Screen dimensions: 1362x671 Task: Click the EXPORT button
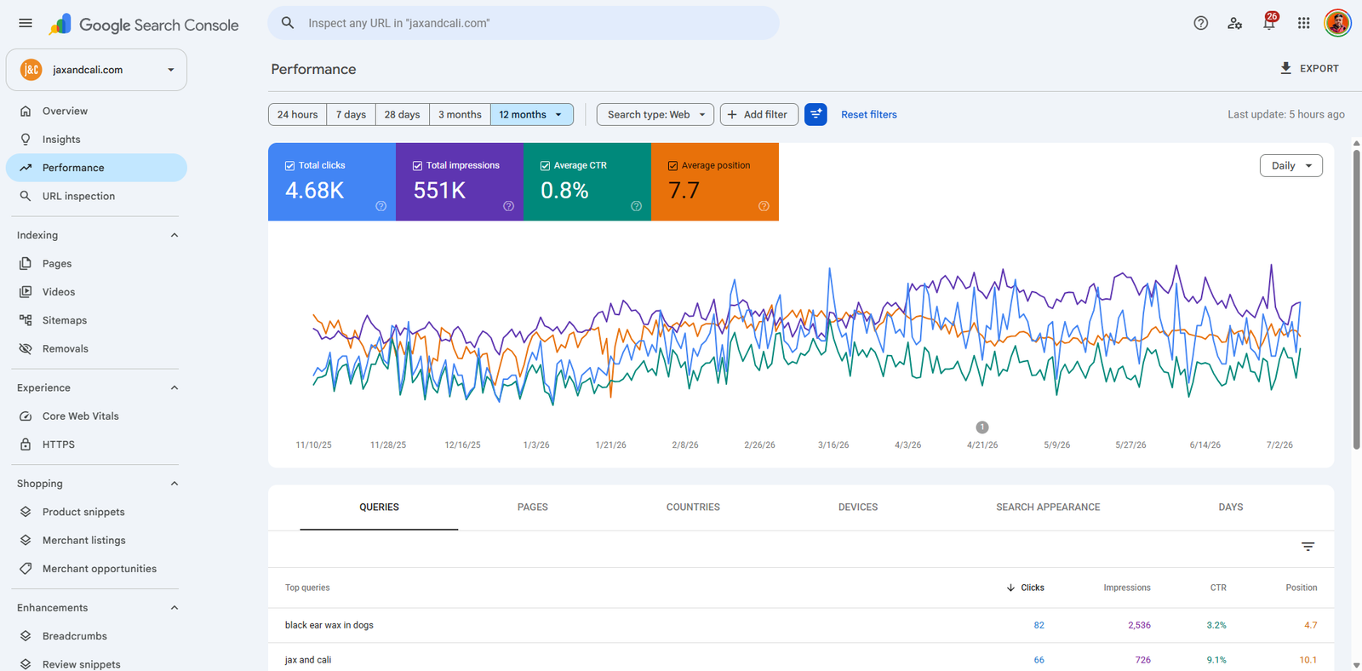tap(1309, 68)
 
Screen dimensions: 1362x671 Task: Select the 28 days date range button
tap(402, 114)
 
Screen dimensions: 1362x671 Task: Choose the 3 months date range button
tap(460, 114)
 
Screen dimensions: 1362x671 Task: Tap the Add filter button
tap(758, 114)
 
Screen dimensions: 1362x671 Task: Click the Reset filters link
tap(868, 114)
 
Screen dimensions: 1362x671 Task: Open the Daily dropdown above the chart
tap(1290, 165)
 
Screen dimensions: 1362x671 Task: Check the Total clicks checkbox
tap(290, 165)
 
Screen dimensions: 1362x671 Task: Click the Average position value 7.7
tap(684, 191)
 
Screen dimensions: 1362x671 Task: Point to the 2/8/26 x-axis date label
tap(684, 444)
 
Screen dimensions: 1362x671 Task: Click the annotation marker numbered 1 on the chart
tap(982, 427)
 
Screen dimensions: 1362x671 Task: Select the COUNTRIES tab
tap(693, 507)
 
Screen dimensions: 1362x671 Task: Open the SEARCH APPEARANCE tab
tap(1048, 507)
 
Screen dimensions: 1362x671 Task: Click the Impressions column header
tap(1127, 588)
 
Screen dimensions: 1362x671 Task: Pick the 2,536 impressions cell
tap(1139, 625)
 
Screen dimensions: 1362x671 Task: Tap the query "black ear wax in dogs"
tap(329, 625)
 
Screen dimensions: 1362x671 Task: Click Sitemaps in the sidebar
tap(65, 320)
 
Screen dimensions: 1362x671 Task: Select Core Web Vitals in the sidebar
tap(80, 416)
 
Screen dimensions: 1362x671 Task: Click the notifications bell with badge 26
tap(1269, 22)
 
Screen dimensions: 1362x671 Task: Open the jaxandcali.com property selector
tap(97, 70)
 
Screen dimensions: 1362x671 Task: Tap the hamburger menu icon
tap(26, 23)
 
